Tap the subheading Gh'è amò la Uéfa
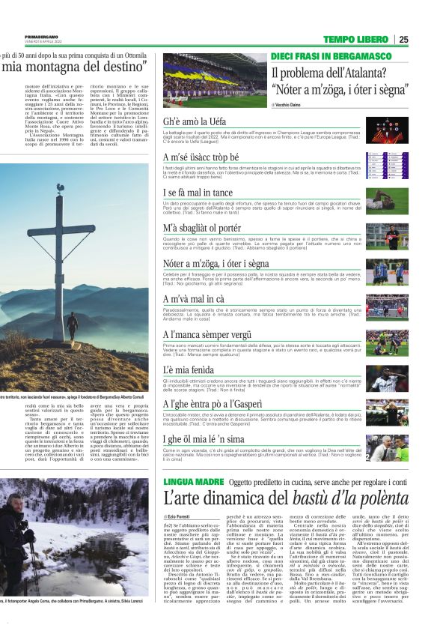[x=195, y=121]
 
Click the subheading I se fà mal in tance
[x=200, y=193]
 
